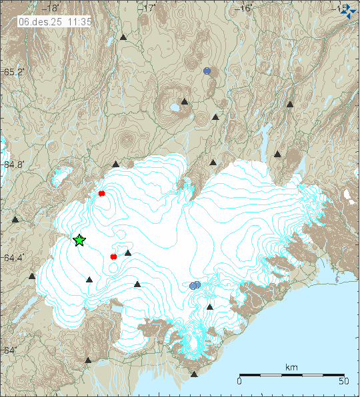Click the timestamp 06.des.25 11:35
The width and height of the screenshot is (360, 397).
click(x=55, y=21)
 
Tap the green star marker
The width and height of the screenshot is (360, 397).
click(x=79, y=240)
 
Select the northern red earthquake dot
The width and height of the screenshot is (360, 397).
click(x=102, y=194)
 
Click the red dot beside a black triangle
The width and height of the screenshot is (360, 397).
click(x=113, y=256)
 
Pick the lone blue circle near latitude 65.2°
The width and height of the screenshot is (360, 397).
click(x=207, y=71)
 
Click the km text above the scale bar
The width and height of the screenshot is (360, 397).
click(x=291, y=368)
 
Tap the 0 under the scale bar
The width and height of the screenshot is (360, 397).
click(x=239, y=381)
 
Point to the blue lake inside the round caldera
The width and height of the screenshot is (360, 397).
click(x=174, y=106)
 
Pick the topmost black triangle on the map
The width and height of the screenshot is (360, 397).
click(x=123, y=37)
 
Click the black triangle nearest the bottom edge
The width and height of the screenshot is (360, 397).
click(x=194, y=374)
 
